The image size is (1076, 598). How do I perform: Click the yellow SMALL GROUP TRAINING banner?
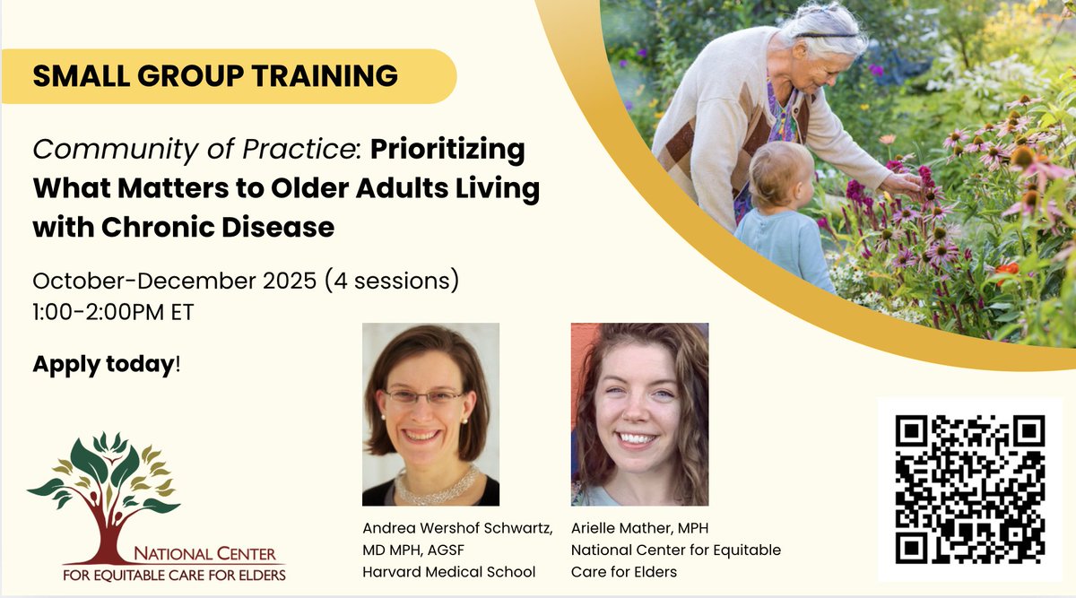click(x=215, y=76)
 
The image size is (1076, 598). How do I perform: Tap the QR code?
click(x=970, y=489)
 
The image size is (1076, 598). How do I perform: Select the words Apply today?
click(x=102, y=365)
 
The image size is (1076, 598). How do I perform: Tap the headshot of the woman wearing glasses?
click(x=430, y=414)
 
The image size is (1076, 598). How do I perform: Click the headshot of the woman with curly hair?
click(x=639, y=414)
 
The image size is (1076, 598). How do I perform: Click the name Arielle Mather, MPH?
click(x=642, y=528)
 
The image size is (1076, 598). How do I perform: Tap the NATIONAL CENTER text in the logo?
click(x=205, y=555)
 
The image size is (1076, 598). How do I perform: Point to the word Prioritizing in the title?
click(x=447, y=150)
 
